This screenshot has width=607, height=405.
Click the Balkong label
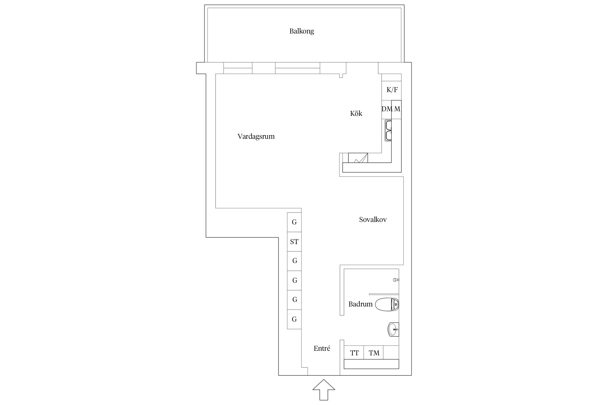click(302, 31)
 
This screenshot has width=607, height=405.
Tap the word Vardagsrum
click(256, 137)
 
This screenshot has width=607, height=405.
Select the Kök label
click(356, 114)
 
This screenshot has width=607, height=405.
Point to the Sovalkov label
click(373, 220)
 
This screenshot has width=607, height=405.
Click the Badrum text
click(360, 304)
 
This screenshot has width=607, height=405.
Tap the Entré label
click(322, 349)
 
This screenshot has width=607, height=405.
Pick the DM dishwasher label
click(387, 109)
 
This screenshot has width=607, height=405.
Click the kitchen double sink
click(388, 131)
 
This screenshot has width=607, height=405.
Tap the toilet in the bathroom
click(387, 304)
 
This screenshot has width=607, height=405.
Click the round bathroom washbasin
click(393, 330)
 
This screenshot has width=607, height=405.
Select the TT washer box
click(354, 353)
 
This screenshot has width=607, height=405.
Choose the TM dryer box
click(374, 353)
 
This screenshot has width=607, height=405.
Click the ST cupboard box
click(294, 242)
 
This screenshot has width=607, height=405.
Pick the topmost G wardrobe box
click(294, 222)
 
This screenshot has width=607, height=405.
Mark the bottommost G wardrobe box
click(294, 319)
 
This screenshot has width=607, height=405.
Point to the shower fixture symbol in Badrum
click(396, 280)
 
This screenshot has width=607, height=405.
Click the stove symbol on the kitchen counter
click(358, 158)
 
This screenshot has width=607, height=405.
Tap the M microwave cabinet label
click(397, 109)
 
